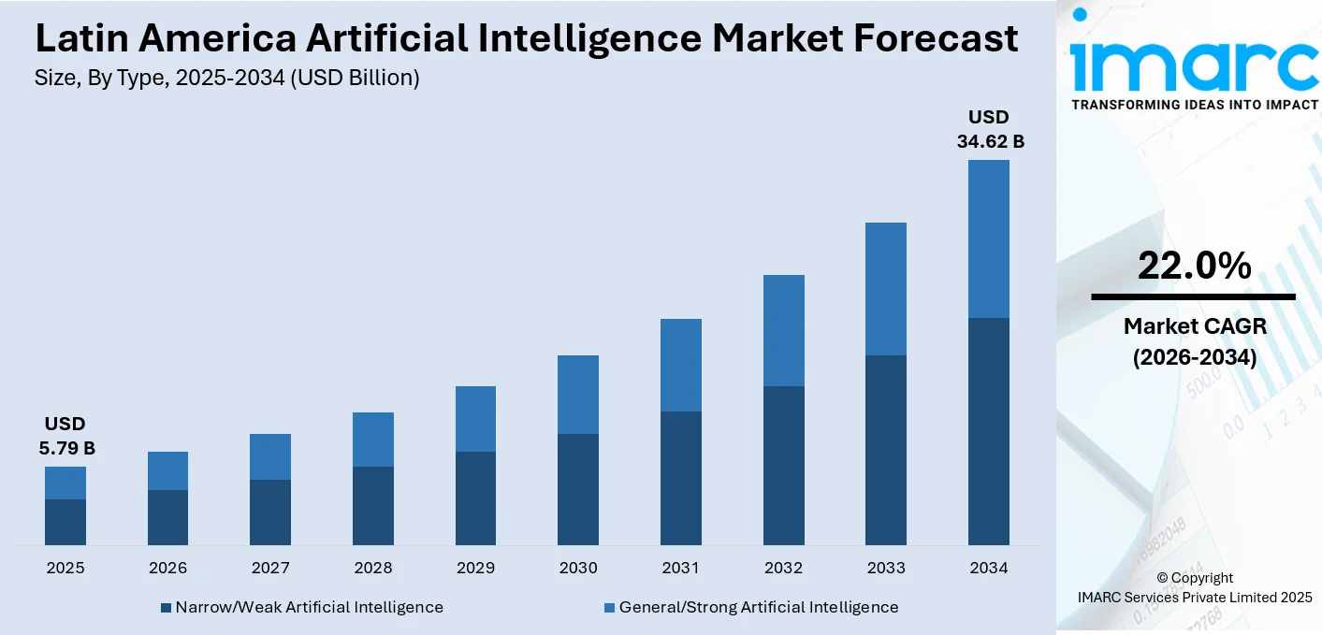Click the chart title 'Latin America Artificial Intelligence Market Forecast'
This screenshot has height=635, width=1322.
(526, 38)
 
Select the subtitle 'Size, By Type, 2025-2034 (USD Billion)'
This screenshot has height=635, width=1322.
(227, 79)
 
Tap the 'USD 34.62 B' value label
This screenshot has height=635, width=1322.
(989, 130)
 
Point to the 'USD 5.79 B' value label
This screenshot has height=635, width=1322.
(65, 437)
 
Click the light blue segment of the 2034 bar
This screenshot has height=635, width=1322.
(989, 238)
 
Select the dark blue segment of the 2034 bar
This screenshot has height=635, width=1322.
(989, 431)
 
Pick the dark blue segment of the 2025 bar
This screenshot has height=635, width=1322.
(65, 522)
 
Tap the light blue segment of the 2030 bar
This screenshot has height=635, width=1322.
(578, 394)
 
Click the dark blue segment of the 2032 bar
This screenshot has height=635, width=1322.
(783, 465)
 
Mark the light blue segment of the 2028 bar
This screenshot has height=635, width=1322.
(373, 440)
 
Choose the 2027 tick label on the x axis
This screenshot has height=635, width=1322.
(270, 568)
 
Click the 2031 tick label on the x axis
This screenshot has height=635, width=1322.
(681, 568)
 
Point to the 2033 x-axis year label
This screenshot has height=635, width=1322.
(886, 568)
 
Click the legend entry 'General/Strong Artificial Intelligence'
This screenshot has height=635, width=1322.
(758, 607)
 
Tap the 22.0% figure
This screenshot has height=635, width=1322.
(1194, 267)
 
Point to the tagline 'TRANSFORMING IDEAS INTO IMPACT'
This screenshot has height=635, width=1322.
(1194, 105)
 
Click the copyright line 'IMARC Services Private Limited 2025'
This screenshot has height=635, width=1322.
(1194, 598)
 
